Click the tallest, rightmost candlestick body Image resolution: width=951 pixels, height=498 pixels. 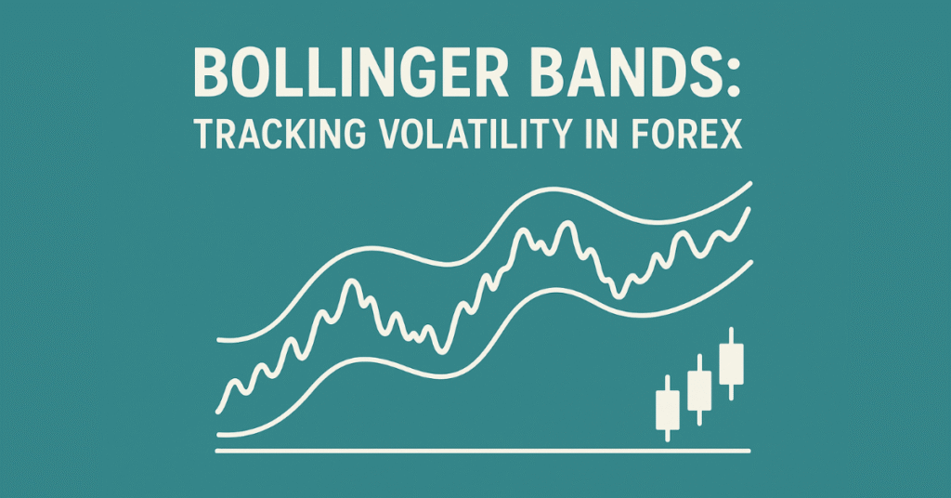pos(732,364)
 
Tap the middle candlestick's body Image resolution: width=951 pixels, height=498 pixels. pos(699,390)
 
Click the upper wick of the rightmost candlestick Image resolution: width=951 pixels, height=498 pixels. pos(732,335)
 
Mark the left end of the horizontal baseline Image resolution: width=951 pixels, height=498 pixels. pos(218,451)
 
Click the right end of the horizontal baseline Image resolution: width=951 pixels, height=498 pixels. pos(748,451)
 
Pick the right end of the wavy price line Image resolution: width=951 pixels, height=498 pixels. pos(749,210)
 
